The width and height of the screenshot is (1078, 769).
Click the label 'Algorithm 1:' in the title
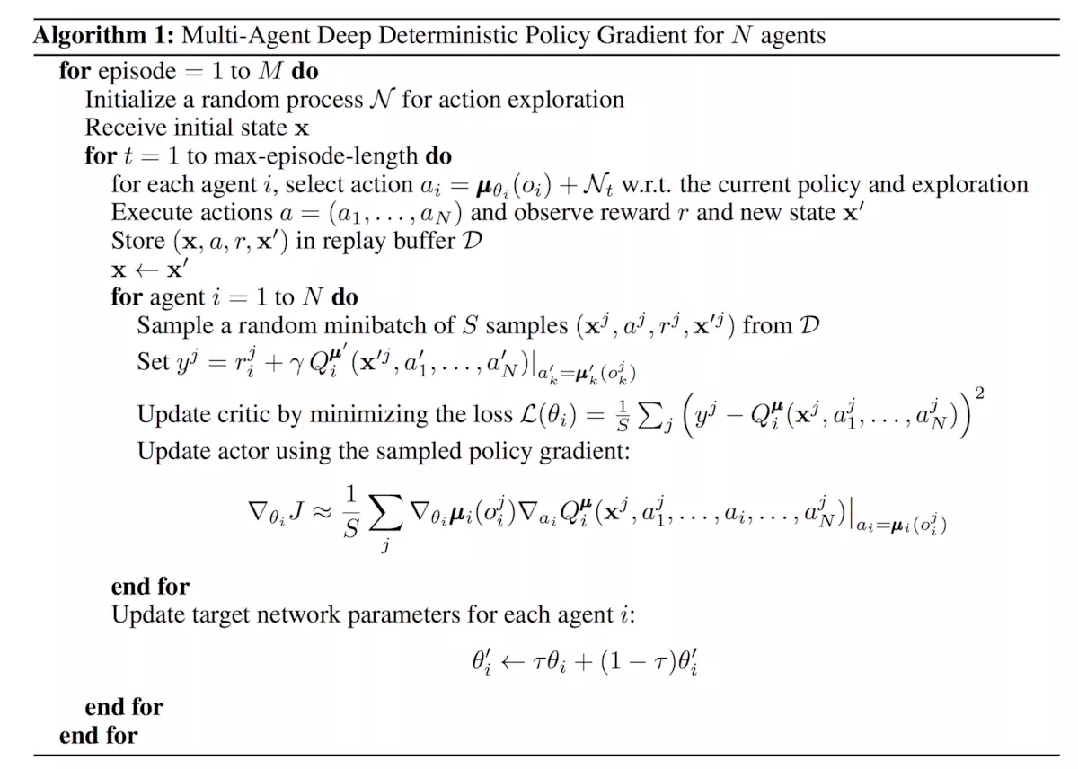[103, 36]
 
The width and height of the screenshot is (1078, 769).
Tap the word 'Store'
[135, 241]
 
